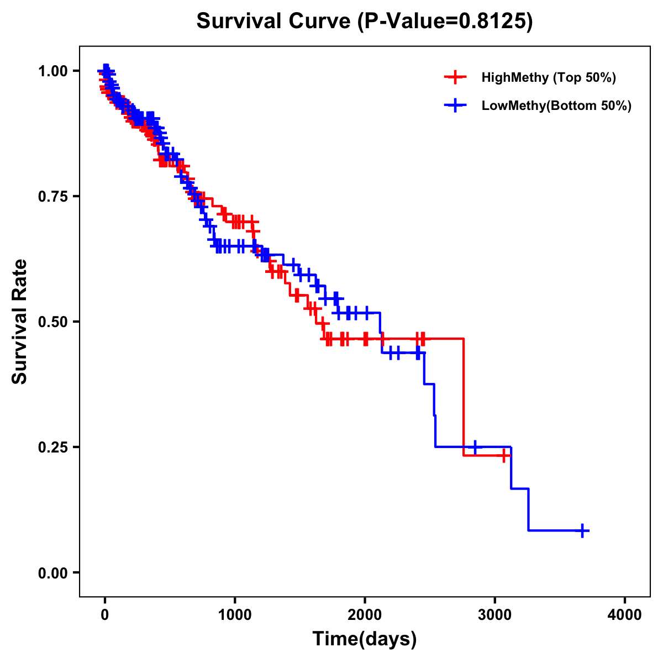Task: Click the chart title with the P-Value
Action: (365, 22)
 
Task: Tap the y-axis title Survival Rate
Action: (20, 322)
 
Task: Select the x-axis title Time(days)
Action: (365, 639)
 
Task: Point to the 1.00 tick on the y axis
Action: (52, 71)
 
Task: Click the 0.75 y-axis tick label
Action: (52, 196)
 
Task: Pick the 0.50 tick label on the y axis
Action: (52, 322)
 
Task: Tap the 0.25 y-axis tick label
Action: (52, 447)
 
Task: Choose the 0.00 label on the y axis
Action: (52, 572)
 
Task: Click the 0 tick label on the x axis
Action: (104, 615)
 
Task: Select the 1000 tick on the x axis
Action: (235, 615)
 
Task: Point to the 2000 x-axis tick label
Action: (365, 615)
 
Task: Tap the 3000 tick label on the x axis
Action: (495, 615)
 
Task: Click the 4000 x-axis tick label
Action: (625, 615)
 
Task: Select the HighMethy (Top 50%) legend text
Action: (549, 77)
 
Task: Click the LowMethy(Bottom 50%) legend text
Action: (556, 106)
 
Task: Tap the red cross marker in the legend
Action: (455, 77)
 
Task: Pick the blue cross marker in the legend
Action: (455, 106)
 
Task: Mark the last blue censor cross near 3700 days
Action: (582, 530)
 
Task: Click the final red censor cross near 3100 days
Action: (504, 456)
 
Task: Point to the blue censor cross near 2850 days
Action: (475, 447)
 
